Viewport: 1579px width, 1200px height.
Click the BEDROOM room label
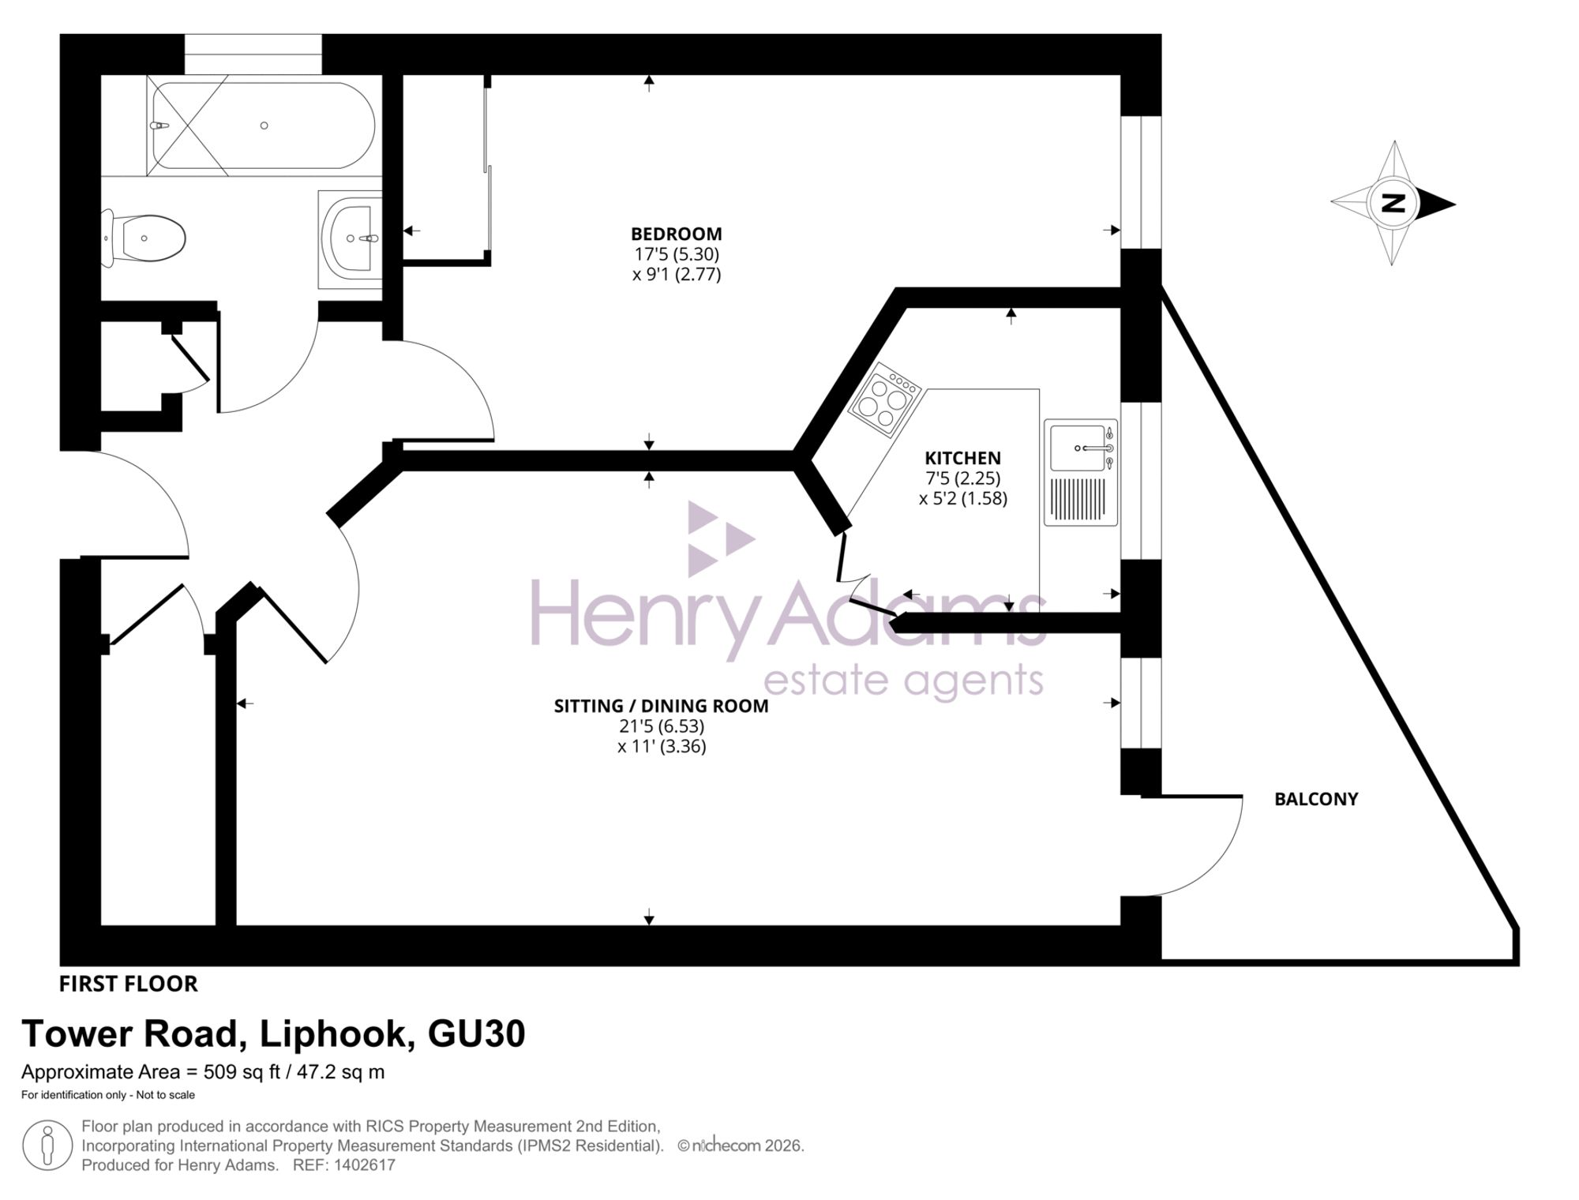[676, 234]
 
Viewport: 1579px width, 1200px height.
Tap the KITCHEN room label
[962, 458]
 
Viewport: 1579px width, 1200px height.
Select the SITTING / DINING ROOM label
[661, 706]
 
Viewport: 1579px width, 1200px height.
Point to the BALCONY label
[1316, 799]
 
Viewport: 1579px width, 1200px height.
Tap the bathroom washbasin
[351, 238]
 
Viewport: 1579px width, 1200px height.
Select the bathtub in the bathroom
[264, 126]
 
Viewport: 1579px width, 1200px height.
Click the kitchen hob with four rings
[886, 401]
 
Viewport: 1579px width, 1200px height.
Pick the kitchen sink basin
[1081, 448]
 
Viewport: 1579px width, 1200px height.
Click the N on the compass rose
[1394, 204]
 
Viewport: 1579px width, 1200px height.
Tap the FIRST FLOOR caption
[129, 984]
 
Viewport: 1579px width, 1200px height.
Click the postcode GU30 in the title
[476, 1033]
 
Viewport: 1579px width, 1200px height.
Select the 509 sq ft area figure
[242, 1072]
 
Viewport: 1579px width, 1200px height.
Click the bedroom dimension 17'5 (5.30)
[677, 254]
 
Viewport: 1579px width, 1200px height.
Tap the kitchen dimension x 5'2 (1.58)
[963, 498]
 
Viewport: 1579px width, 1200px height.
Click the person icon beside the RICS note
[47, 1146]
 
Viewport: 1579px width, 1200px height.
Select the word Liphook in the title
[338, 1033]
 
